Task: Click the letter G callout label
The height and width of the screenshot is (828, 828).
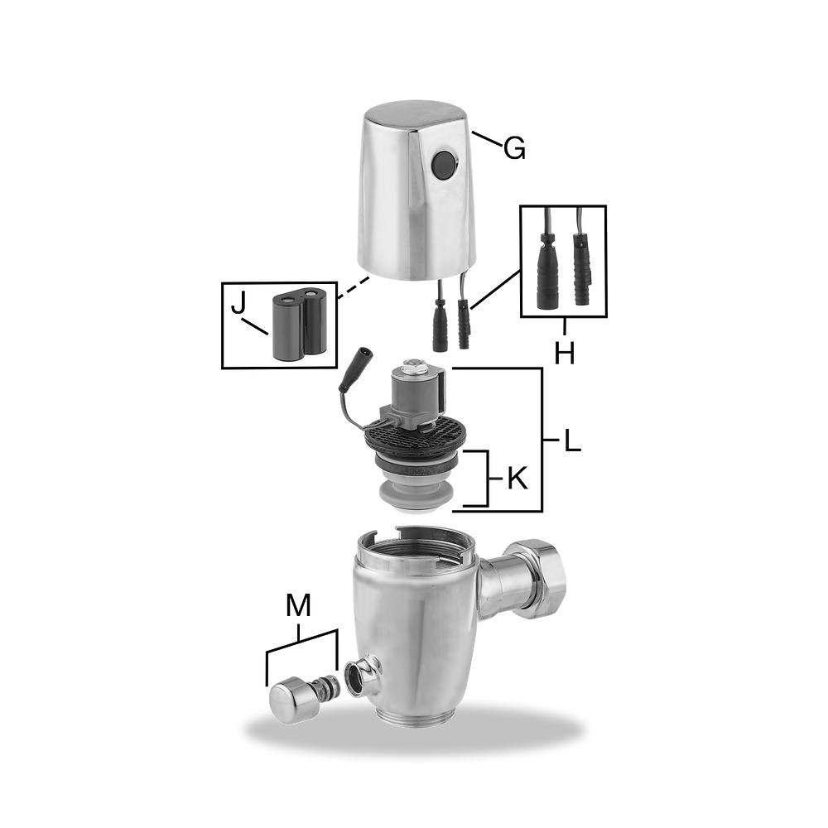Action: pyautogui.click(x=514, y=148)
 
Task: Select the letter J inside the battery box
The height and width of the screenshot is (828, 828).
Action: pyautogui.click(x=238, y=302)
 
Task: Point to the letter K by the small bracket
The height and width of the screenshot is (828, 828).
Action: pyautogui.click(x=517, y=479)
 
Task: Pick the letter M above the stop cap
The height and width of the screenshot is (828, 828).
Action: pyautogui.click(x=298, y=605)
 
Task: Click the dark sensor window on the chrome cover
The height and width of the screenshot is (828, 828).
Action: pyautogui.click(x=445, y=165)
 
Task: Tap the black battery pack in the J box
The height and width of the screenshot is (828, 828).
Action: pyautogui.click(x=303, y=323)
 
